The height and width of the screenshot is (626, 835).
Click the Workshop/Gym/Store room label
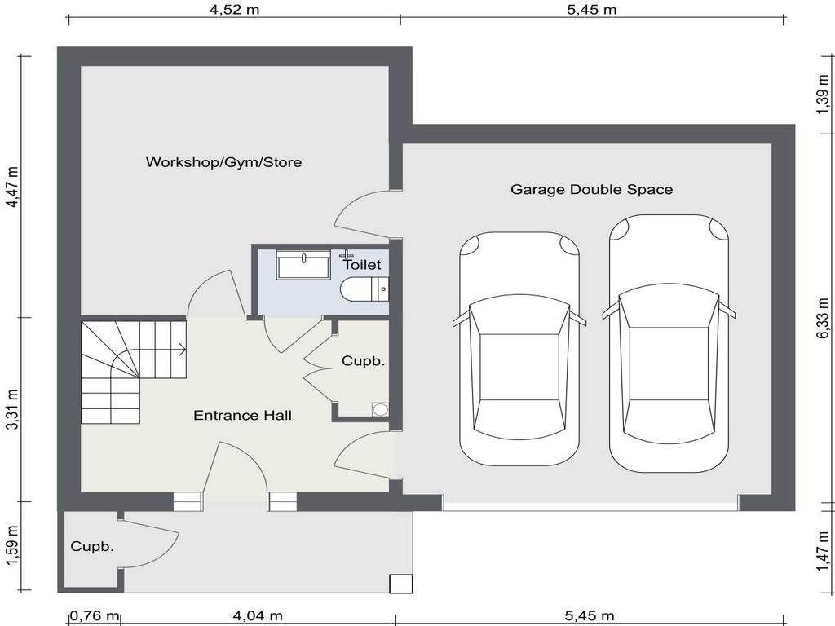tap(223, 162)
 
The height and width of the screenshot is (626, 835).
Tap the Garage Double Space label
tap(591, 189)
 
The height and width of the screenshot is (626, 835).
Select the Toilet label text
tap(361, 265)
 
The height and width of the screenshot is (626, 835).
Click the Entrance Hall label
tap(242, 416)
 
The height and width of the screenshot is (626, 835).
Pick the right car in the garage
tap(669, 342)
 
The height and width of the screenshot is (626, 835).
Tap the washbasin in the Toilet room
tap(303, 265)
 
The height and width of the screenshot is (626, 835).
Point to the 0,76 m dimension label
tap(94, 615)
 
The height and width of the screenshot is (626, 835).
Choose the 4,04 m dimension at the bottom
tap(258, 615)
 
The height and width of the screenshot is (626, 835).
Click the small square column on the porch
tap(400, 584)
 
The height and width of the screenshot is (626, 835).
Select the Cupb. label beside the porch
tap(91, 547)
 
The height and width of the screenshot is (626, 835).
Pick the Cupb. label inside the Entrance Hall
tap(363, 360)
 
